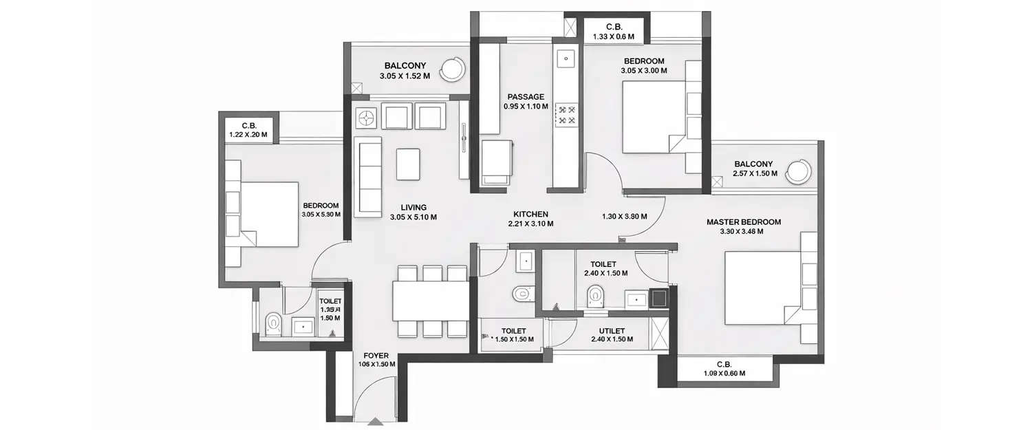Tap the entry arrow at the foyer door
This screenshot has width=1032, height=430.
tap(375, 422)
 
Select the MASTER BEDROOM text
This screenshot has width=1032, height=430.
tap(744, 222)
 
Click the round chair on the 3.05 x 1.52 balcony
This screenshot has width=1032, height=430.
tap(453, 67)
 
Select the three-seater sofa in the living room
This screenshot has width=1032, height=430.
tap(367, 176)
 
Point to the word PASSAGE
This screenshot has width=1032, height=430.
tap(526, 97)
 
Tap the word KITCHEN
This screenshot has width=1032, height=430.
tap(530, 214)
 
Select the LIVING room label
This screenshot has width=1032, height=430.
tap(413, 207)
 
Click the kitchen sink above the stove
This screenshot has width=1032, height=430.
tap(566, 58)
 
